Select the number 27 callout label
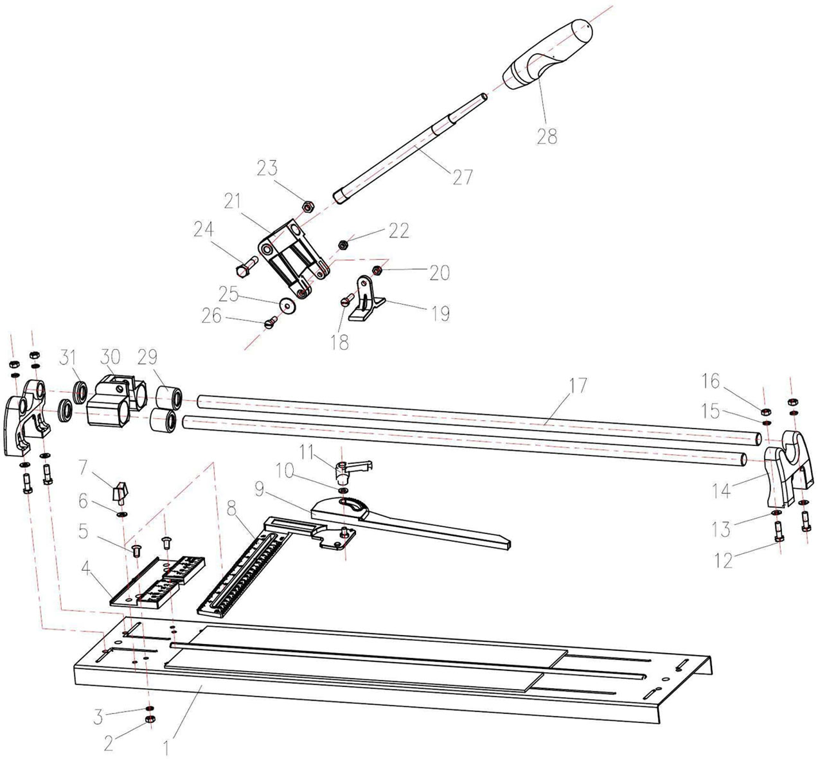click(x=462, y=177)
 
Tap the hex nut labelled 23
click(x=308, y=206)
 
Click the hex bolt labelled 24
click(x=247, y=265)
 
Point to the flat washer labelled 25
click(x=285, y=304)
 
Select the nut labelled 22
click(x=344, y=244)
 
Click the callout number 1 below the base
click(x=168, y=748)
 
